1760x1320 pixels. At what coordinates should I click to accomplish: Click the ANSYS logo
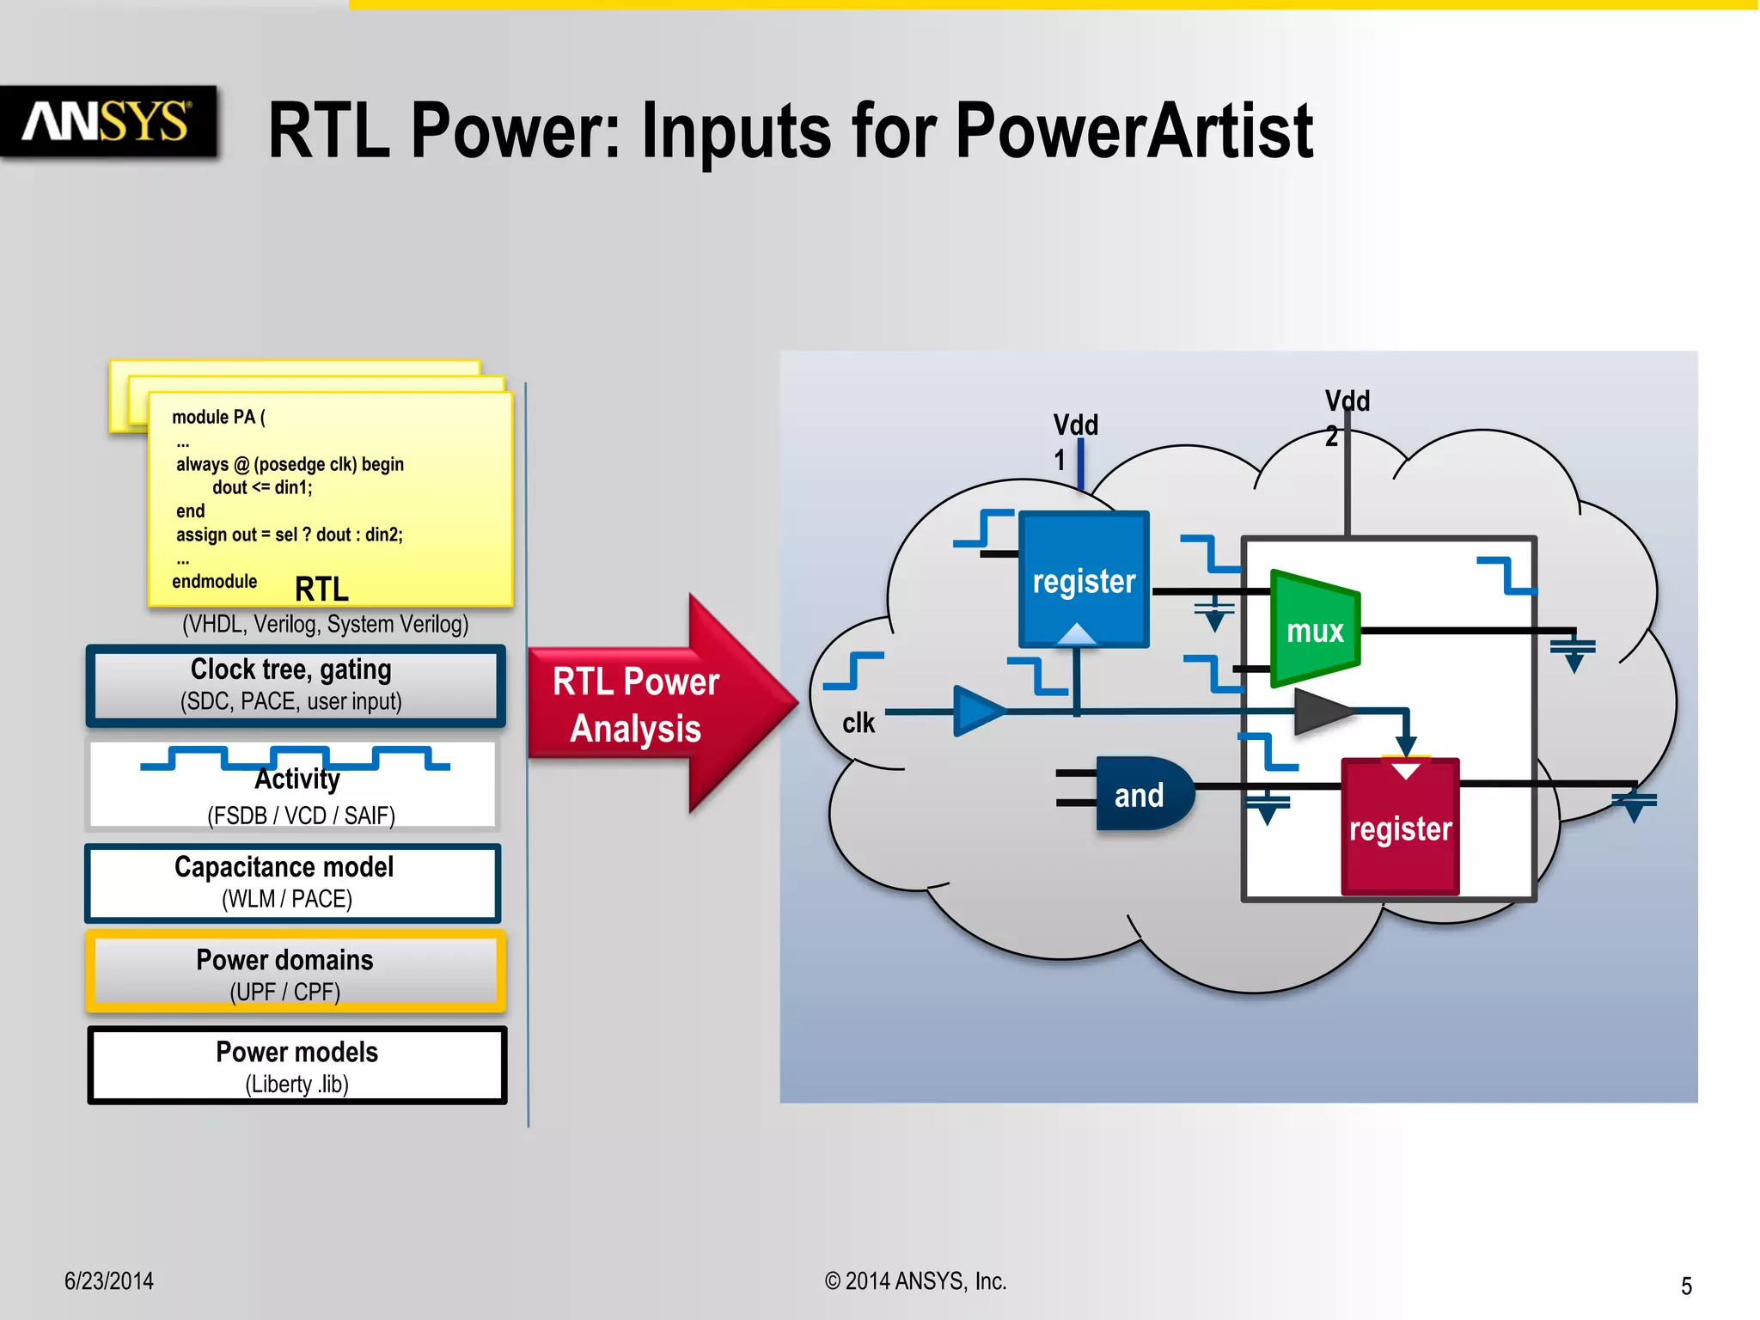click(x=107, y=121)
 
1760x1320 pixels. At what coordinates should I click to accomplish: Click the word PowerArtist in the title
click(x=1134, y=131)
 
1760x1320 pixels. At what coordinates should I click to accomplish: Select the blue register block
click(x=1084, y=579)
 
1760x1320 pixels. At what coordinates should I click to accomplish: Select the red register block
click(x=1400, y=828)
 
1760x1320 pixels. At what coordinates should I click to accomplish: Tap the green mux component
click(x=1314, y=630)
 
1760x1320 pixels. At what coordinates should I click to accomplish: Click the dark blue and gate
click(x=1140, y=795)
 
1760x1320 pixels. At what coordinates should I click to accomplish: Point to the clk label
click(x=858, y=723)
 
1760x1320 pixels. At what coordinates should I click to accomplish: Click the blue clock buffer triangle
click(x=976, y=711)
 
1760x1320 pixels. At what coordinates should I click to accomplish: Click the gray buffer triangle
click(x=1321, y=711)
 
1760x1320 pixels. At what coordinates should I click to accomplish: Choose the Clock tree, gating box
click(x=294, y=685)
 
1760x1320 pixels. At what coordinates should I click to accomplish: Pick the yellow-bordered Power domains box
click(x=294, y=974)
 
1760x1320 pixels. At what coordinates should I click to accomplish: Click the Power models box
click(x=296, y=1066)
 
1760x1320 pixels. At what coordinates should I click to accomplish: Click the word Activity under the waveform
click(x=297, y=779)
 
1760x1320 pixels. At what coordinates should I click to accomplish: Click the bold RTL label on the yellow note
click(x=321, y=590)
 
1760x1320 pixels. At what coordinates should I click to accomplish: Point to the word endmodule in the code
click(x=214, y=582)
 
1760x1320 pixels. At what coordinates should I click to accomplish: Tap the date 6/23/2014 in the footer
click(x=109, y=1281)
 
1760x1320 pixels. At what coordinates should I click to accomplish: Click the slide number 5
click(x=1686, y=1286)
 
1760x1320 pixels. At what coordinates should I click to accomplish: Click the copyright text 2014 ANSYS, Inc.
click(x=916, y=1281)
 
